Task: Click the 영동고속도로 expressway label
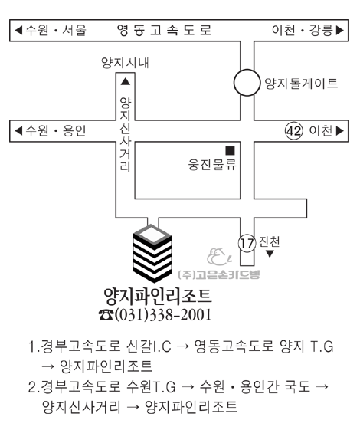(x=165, y=30)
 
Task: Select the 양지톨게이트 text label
(x=301, y=83)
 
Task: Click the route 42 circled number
(x=294, y=131)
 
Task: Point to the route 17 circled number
(x=247, y=243)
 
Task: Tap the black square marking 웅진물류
(x=230, y=151)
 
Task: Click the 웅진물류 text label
(x=212, y=165)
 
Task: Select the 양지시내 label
(x=125, y=63)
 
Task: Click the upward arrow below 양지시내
(x=126, y=81)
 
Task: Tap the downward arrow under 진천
(x=270, y=254)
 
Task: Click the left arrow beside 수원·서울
(x=18, y=30)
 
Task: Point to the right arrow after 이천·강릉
(x=340, y=30)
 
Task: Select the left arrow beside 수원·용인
(x=18, y=131)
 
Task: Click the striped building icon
(x=152, y=254)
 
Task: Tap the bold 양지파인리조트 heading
(x=158, y=297)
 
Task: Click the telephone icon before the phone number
(x=106, y=315)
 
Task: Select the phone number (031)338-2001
(x=163, y=314)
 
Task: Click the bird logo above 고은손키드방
(x=219, y=257)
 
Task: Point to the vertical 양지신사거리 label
(x=125, y=135)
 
